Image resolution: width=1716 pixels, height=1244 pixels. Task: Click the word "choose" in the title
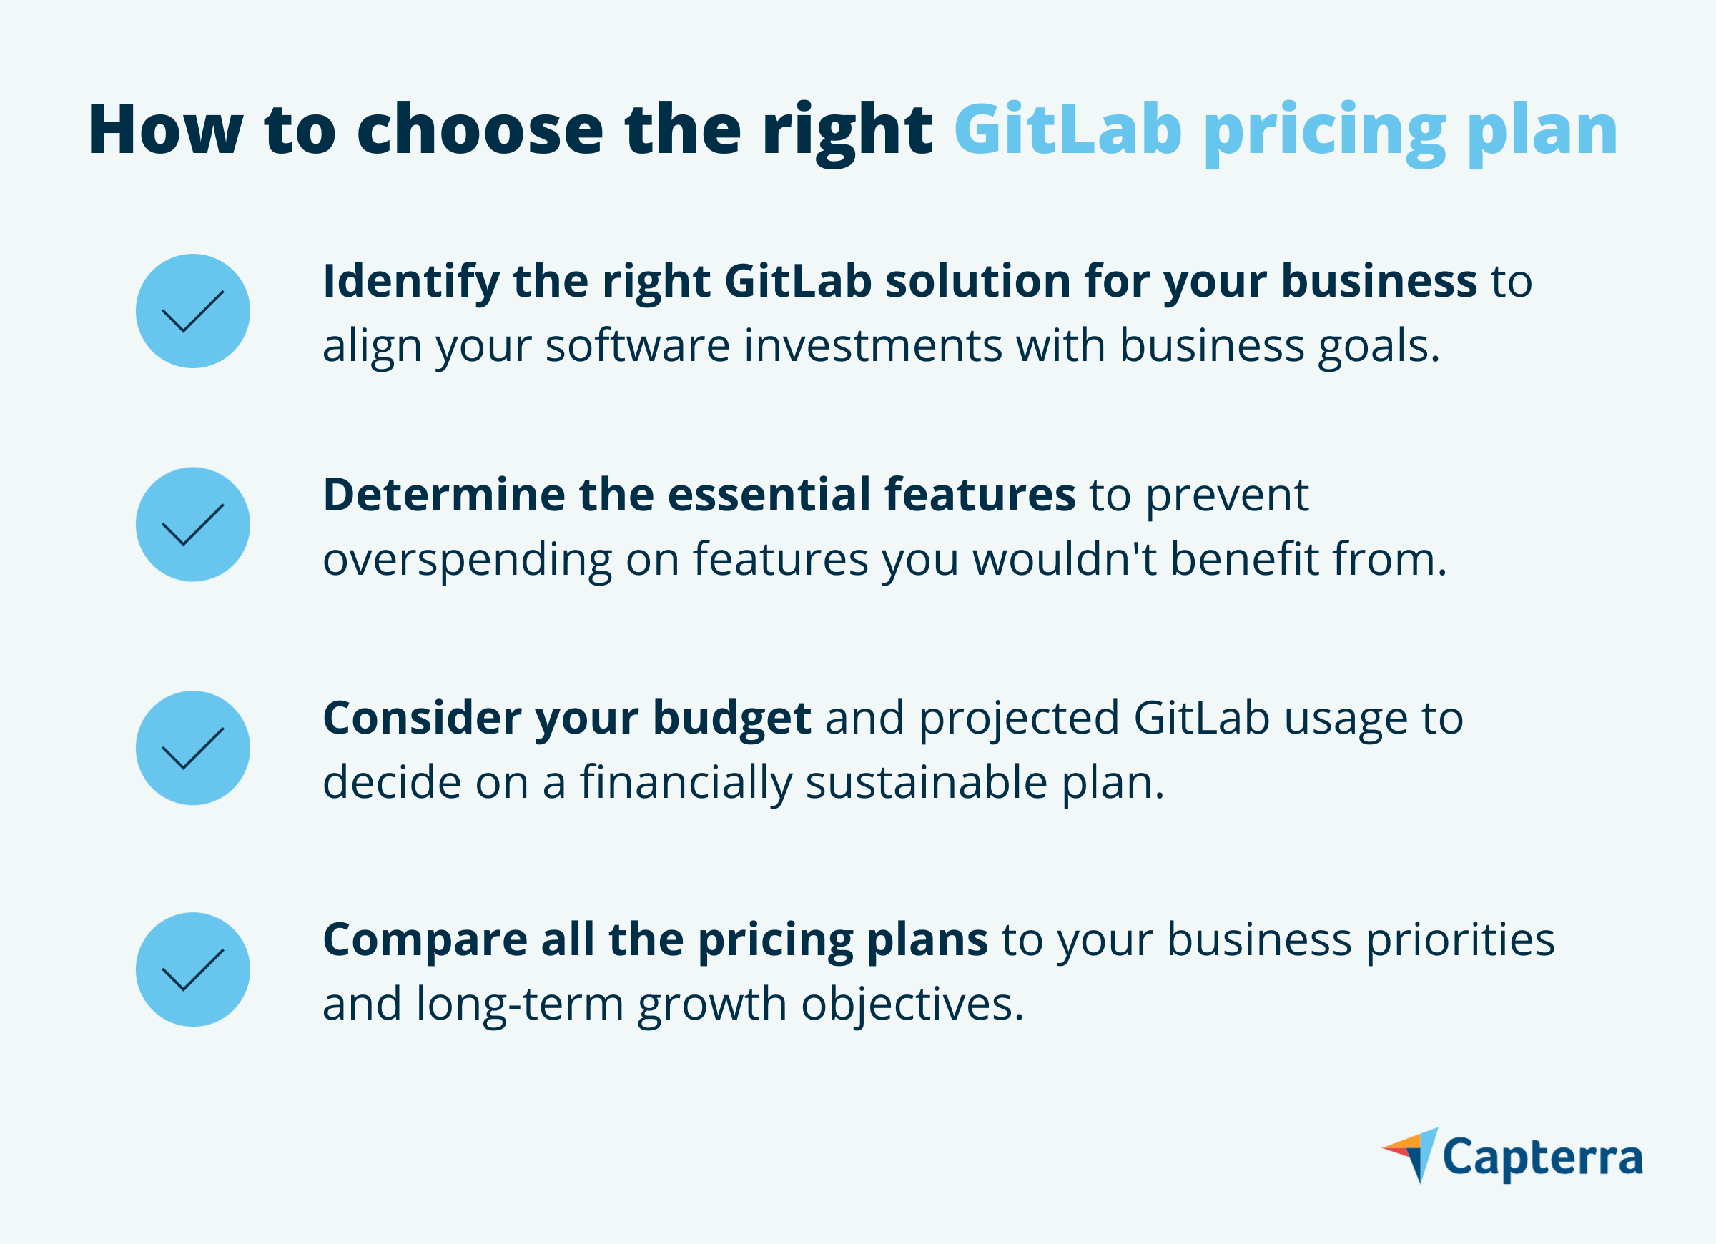(480, 129)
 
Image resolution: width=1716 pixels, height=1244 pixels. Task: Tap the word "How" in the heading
(166, 129)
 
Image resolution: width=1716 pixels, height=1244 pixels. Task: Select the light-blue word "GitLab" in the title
(1067, 129)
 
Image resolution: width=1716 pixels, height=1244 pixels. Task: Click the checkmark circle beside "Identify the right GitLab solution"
(193, 311)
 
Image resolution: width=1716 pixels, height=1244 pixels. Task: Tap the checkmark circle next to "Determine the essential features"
(193, 524)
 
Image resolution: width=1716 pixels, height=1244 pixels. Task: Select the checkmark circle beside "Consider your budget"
(193, 748)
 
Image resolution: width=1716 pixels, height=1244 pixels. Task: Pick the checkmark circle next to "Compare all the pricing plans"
(193, 969)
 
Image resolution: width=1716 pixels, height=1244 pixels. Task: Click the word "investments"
(873, 346)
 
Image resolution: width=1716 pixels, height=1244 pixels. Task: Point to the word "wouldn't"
(1065, 559)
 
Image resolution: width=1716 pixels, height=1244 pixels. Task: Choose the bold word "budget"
(732, 719)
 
